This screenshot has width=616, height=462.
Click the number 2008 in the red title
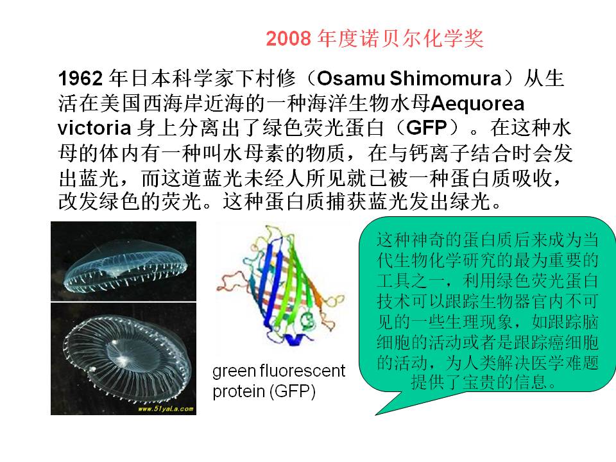pyautogui.click(x=288, y=38)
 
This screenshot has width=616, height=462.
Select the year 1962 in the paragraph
pyautogui.click(x=81, y=78)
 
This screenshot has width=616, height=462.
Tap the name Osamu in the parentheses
pyautogui.click(x=350, y=78)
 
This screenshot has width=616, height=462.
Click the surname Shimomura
pyautogui.click(x=445, y=78)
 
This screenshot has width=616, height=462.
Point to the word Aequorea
pyautogui.click(x=477, y=104)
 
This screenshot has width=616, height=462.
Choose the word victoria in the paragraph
pyautogui.click(x=94, y=128)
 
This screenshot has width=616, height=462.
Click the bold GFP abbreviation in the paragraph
pyautogui.click(x=427, y=128)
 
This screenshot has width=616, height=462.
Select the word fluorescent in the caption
pyautogui.click(x=302, y=370)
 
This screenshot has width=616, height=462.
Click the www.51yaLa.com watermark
pyautogui.click(x=166, y=409)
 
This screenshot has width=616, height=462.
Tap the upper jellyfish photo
pyautogui.click(x=123, y=261)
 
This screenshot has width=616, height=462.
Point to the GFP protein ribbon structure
pyautogui.click(x=280, y=286)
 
